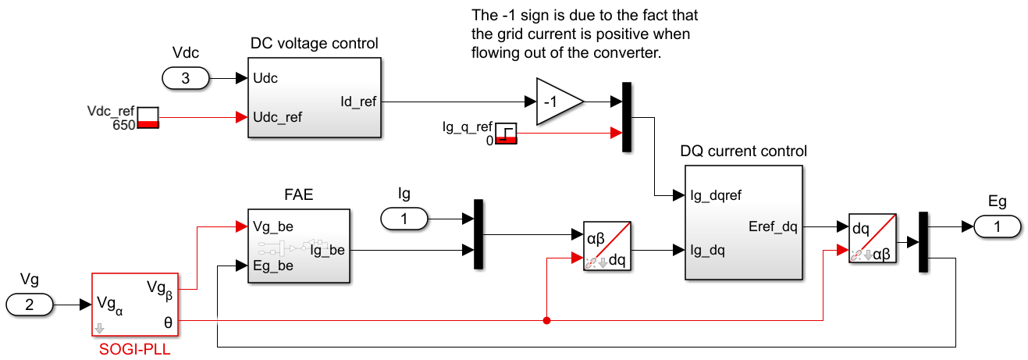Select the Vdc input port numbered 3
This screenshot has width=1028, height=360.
coord(186,78)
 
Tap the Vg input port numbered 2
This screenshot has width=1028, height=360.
coord(30,305)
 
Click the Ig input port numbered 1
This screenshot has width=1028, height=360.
coord(404,219)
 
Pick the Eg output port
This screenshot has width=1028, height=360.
coord(998,226)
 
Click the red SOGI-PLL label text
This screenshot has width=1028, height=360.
coord(134,349)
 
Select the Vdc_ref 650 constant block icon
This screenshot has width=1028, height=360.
coord(148,118)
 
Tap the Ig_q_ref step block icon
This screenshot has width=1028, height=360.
coord(507,134)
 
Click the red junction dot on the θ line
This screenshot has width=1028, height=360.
coord(546,320)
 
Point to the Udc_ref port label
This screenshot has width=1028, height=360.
coord(277,117)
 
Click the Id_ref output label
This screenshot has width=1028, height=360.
coord(358,102)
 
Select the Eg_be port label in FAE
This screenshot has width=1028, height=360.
coord(273,266)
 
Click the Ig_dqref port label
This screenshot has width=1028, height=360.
coord(716,195)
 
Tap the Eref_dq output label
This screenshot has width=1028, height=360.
coord(773,226)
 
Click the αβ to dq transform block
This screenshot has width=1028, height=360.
coord(607,246)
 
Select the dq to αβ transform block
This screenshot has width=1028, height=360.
coord(873,238)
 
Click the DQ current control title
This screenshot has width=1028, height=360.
coord(743,151)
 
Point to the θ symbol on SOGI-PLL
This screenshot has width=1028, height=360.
coord(168,323)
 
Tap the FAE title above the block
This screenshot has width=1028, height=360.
coord(299,194)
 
